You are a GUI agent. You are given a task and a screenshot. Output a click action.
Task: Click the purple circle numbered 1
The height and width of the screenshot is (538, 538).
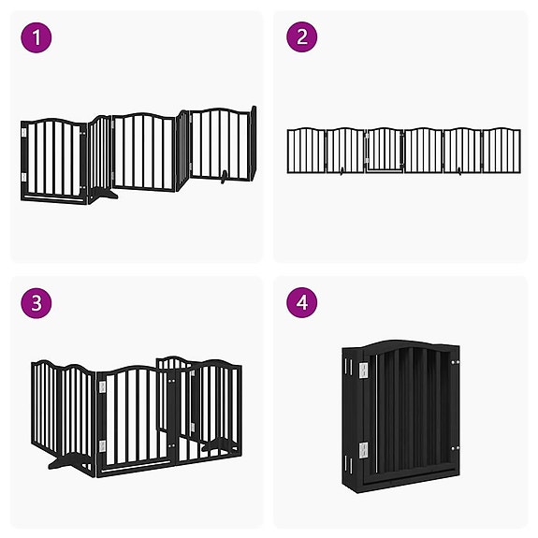(x=36, y=37)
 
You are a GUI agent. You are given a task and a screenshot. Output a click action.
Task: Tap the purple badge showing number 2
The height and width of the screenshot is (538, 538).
(x=301, y=37)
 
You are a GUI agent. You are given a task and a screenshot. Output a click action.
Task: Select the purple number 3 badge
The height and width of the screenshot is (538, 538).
(x=36, y=304)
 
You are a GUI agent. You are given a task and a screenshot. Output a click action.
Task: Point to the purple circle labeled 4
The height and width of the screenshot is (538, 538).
(x=301, y=304)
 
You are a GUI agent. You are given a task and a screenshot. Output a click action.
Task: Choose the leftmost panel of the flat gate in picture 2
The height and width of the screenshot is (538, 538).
(x=304, y=151)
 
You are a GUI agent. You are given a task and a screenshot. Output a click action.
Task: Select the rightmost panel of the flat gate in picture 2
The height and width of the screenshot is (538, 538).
(x=502, y=151)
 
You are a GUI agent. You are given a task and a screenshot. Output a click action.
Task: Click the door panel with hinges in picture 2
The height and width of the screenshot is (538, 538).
(x=383, y=151)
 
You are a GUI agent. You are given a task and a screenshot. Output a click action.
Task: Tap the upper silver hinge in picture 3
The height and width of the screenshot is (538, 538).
(x=102, y=386)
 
